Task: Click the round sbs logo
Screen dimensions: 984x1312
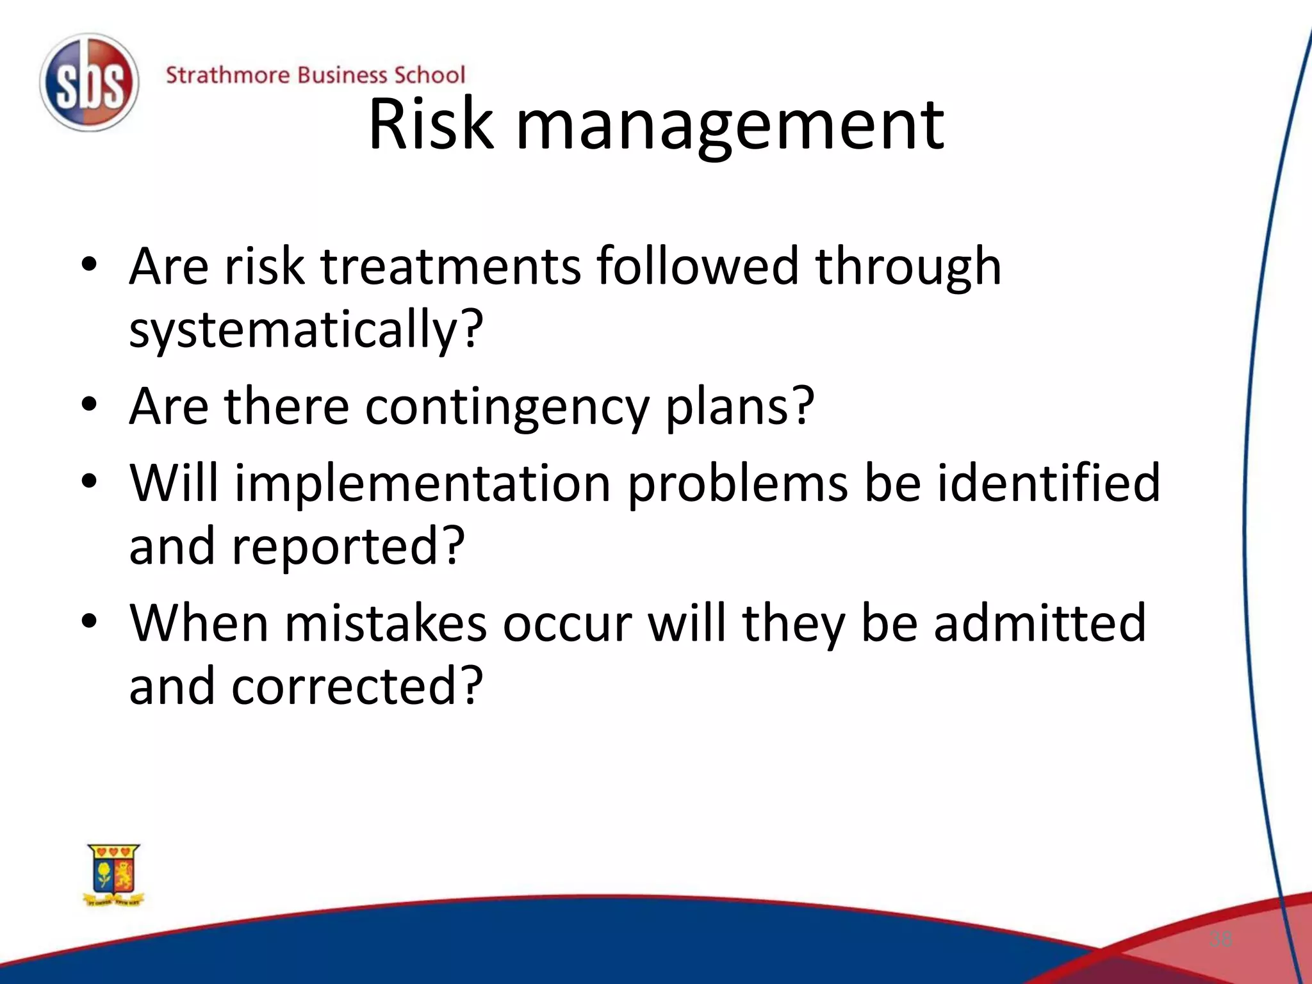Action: (x=88, y=82)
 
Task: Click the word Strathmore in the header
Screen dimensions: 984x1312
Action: (x=228, y=75)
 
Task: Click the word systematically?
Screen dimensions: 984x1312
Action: (x=306, y=329)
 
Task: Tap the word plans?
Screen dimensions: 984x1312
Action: (x=740, y=407)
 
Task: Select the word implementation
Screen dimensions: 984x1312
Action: (x=423, y=483)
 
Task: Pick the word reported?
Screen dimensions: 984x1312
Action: (x=348, y=546)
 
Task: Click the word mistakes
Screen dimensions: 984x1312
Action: (x=385, y=623)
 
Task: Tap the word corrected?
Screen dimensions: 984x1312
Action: (x=357, y=686)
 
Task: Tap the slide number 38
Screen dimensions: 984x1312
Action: (x=1220, y=939)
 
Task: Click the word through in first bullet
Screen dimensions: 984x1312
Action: (x=908, y=267)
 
